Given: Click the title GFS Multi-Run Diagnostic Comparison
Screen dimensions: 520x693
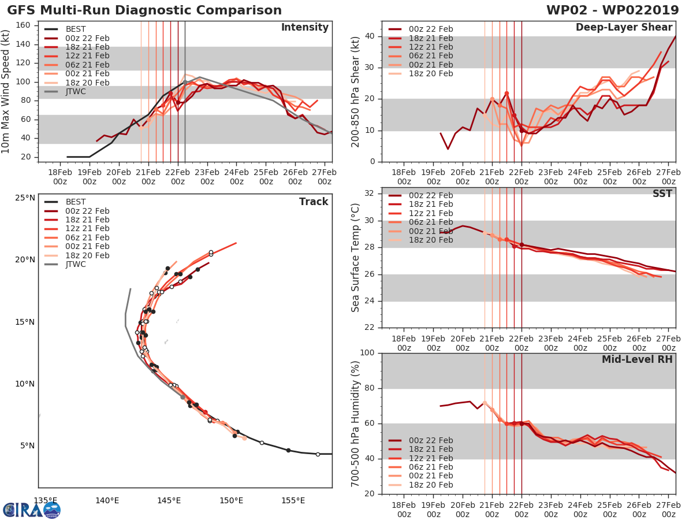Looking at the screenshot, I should click(x=144, y=10).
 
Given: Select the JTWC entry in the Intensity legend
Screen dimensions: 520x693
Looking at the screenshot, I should click(x=75, y=91).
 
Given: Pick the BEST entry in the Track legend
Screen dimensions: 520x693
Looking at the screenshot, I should click(x=75, y=202).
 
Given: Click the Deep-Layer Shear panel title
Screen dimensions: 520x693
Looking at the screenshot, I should click(x=624, y=28).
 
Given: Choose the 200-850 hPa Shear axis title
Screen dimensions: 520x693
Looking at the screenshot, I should click(x=356, y=91).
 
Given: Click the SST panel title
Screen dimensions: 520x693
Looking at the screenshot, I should click(x=662, y=194).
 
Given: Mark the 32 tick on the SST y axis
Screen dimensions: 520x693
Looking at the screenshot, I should click(x=370, y=193).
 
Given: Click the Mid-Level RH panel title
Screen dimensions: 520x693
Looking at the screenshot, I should click(x=637, y=359).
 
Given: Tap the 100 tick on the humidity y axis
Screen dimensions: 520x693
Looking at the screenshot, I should click(x=367, y=353).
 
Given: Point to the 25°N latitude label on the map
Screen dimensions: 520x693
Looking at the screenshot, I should click(x=24, y=198).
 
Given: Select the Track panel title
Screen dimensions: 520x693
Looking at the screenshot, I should click(x=314, y=202).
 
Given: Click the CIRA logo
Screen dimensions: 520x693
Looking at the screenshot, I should click(x=31, y=509).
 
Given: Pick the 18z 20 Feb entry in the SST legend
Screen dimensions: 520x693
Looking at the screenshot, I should click(x=420, y=240).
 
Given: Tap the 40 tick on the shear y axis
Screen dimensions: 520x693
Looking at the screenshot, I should click(x=370, y=36).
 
